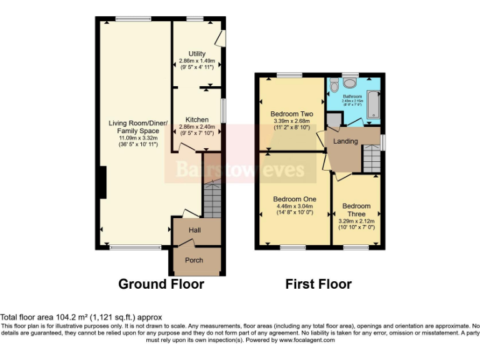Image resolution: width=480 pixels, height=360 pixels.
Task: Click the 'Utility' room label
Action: click(197, 54)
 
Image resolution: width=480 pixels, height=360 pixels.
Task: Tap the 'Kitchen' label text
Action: click(197, 119)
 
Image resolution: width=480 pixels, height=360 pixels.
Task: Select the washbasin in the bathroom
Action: click(351, 82)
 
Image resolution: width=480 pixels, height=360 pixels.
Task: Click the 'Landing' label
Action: click(346, 141)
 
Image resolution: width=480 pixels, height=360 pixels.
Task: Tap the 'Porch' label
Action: click(194, 260)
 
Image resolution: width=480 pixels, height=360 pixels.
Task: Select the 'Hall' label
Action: click(194, 231)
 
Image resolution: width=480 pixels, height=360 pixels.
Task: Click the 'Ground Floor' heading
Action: click(161, 284)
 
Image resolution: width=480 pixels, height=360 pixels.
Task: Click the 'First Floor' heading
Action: click(318, 284)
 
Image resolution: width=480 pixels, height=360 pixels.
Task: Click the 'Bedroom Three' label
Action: click(356, 209)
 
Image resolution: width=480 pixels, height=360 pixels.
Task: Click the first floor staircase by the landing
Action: click(372, 156)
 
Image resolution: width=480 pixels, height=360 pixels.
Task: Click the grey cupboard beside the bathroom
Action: click(332, 119)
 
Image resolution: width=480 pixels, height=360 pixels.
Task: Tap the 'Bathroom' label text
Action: click(352, 97)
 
